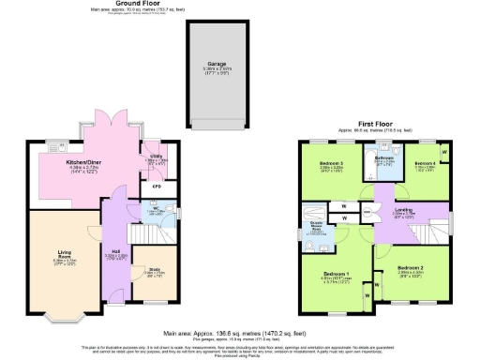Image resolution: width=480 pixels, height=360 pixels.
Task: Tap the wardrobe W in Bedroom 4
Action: [x=443, y=150]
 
